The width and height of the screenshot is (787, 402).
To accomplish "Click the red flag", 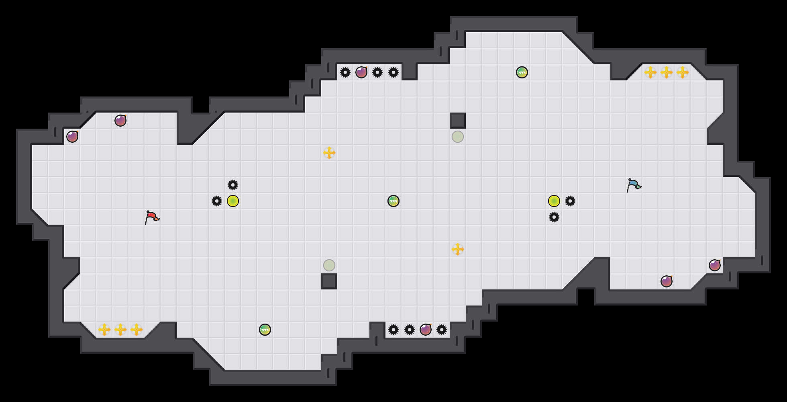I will pos(152,217).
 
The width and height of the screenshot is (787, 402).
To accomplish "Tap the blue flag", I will pos(634,185).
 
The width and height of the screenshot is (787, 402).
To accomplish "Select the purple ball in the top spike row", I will pos(361,72).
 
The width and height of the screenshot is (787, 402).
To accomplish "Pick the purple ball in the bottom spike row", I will pos(426,330).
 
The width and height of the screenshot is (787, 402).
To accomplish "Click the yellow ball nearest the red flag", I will pos(233,201).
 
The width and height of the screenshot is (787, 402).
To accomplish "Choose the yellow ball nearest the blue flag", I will pos(554,201).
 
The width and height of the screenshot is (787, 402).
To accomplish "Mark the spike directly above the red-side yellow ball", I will pos(233,185).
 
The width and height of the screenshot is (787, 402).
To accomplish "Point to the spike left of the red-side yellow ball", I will pos(217,201).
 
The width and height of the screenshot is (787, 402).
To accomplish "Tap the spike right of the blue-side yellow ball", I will pos(570,201).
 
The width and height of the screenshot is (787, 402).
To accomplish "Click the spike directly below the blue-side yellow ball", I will pos(554,217).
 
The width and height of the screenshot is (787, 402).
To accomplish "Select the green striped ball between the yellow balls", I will pos(393,201).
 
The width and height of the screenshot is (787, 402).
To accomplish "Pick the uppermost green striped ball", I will pos(522,72).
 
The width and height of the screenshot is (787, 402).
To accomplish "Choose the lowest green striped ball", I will pos(265,330).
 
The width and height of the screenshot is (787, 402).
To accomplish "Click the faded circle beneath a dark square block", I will pos(458,137).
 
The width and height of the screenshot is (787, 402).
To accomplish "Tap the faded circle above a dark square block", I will pos(329,265).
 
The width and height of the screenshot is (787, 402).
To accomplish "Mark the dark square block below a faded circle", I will pos(329,281).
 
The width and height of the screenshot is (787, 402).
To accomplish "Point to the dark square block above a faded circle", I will pos(458,121).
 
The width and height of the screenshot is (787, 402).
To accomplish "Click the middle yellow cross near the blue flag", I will pos(667,72).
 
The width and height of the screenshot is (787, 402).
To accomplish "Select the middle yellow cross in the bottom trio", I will pos(120,330).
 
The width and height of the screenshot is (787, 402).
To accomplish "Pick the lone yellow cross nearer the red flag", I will pos(329,153).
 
